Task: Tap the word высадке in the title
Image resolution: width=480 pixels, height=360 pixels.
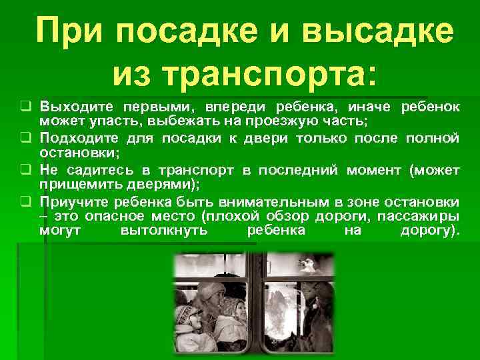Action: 377,32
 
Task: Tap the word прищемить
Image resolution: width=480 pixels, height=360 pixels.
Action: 75,185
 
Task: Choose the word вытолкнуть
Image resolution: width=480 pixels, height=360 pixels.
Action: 164,231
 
